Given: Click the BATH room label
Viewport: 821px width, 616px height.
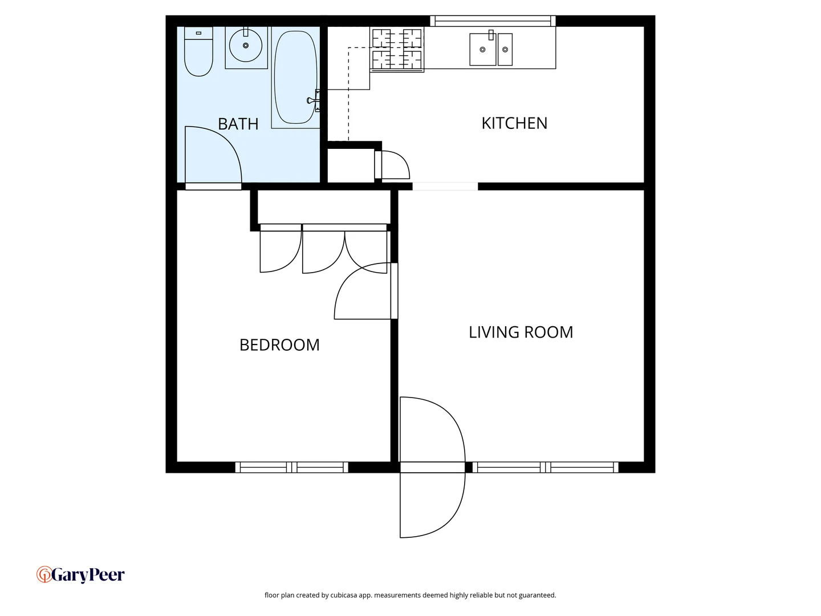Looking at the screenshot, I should tap(238, 124).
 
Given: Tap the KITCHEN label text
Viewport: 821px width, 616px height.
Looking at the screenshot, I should tap(514, 123).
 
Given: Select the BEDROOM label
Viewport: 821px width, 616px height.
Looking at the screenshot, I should tap(279, 345).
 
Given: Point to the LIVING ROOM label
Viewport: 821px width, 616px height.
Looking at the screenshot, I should tap(521, 333).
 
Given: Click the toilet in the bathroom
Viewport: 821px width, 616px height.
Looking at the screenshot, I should tap(198, 52).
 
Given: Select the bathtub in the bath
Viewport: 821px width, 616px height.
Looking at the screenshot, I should tap(295, 77).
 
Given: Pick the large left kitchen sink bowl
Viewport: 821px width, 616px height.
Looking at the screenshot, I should tap(482, 50).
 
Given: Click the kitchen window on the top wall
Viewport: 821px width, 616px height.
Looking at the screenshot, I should tap(493, 21).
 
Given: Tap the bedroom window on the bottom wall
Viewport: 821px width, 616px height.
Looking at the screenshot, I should tap(292, 468).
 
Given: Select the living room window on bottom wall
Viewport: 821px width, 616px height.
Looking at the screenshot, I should tap(546, 468).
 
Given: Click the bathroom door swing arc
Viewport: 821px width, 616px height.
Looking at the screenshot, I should tap(220, 151).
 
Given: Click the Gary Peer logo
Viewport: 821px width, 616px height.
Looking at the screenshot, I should tap(80, 575).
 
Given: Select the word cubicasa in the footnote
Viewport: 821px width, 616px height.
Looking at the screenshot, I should tap(344, 595).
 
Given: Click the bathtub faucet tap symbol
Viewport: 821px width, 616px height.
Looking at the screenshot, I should tap(312, 100).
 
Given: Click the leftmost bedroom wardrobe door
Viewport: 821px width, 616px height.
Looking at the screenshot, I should tap(280, 249).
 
